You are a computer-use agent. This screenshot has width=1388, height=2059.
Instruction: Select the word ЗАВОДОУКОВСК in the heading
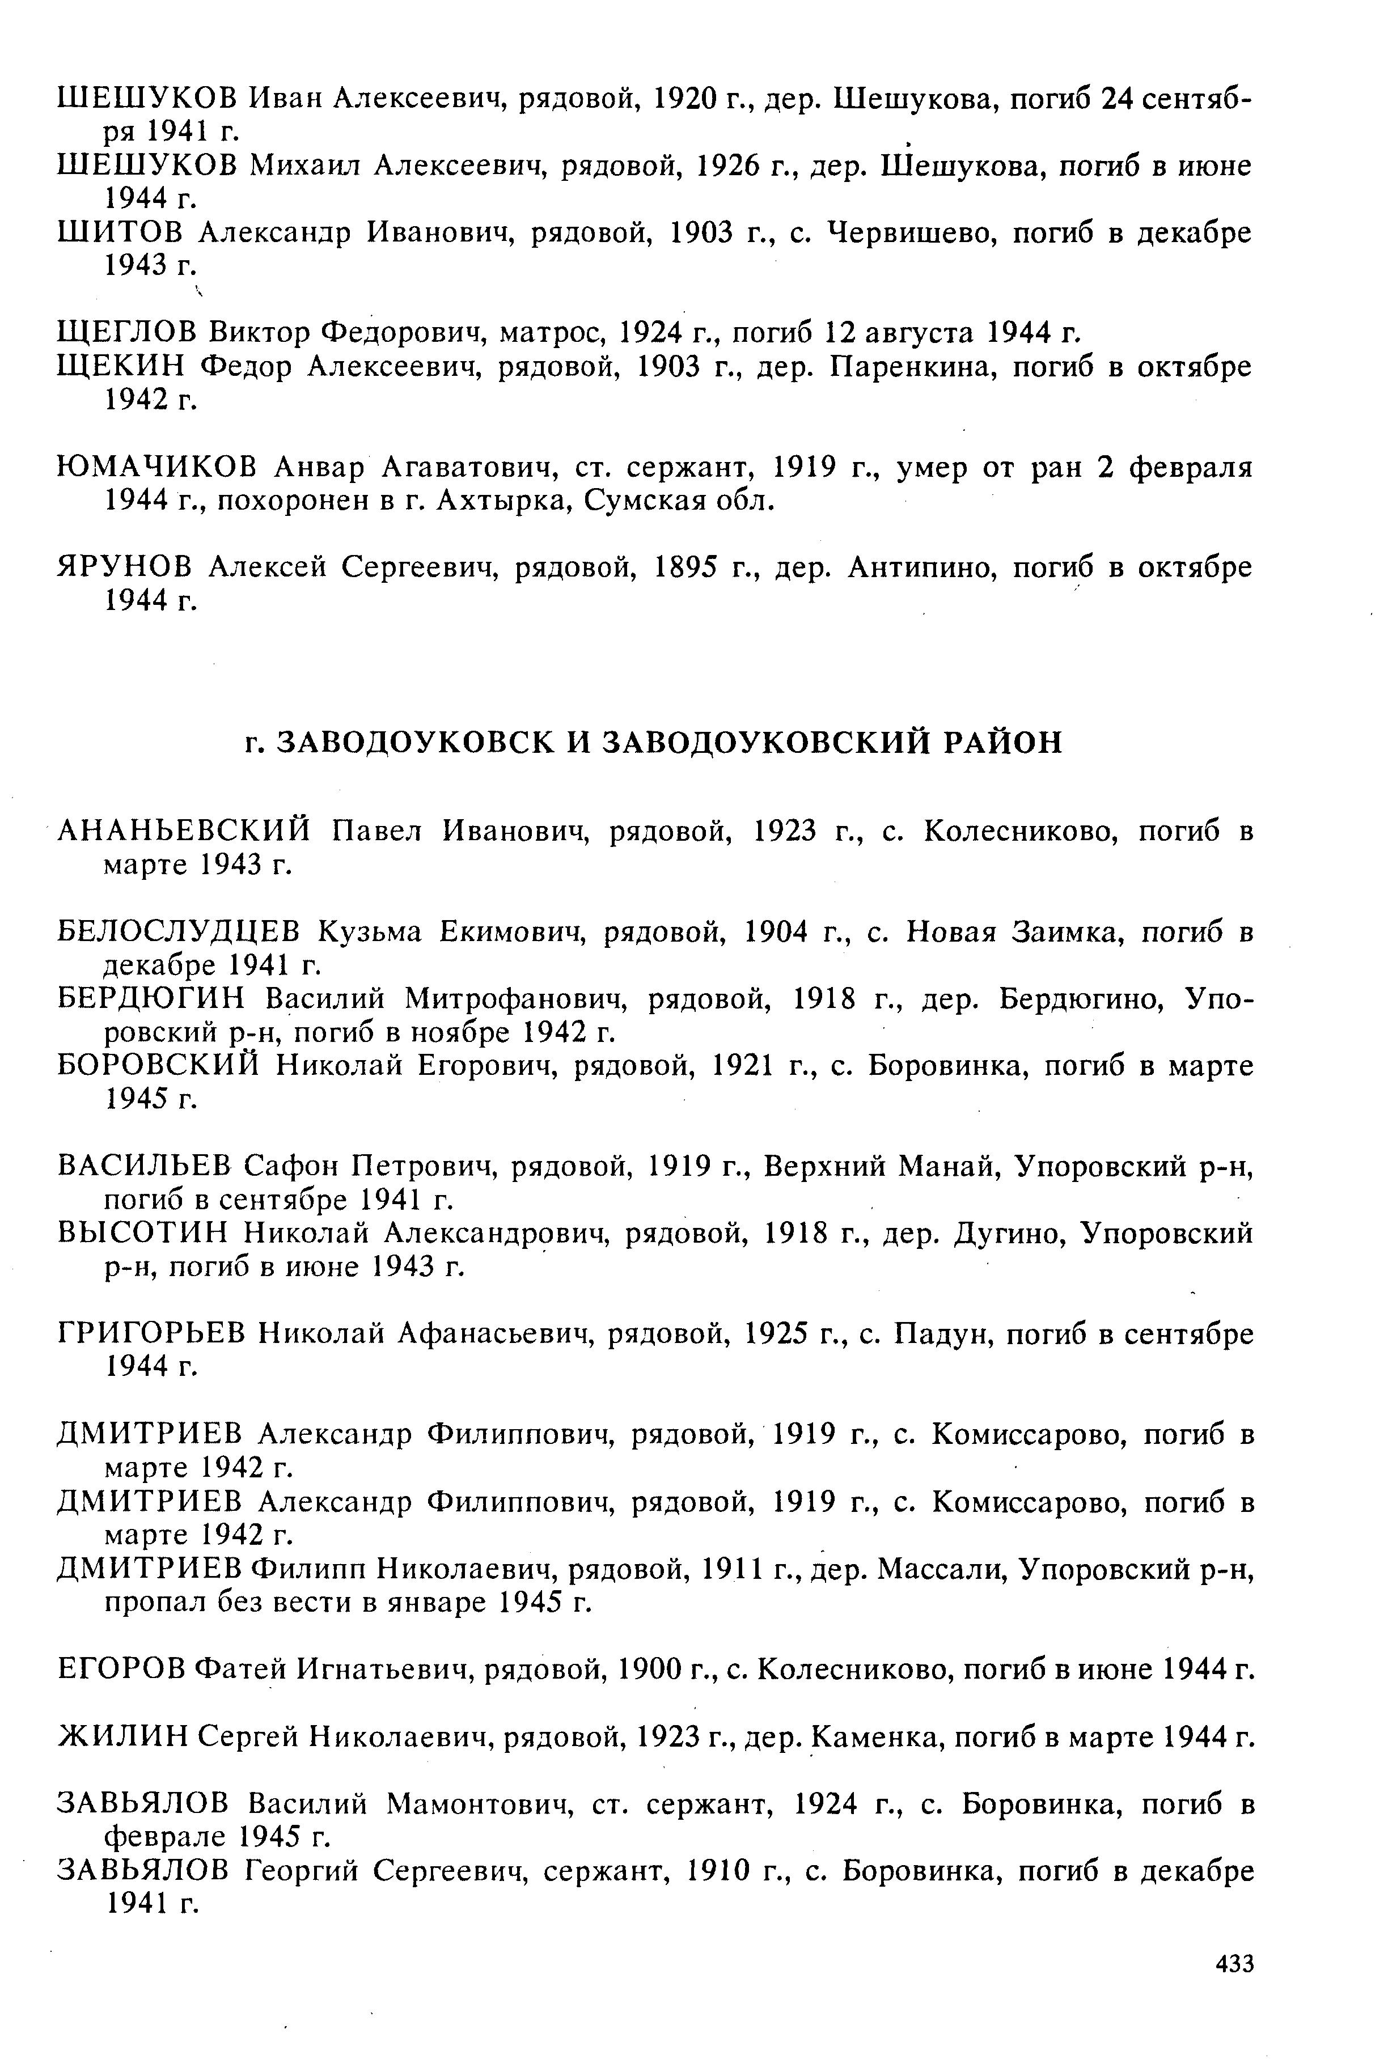(416, 742)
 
